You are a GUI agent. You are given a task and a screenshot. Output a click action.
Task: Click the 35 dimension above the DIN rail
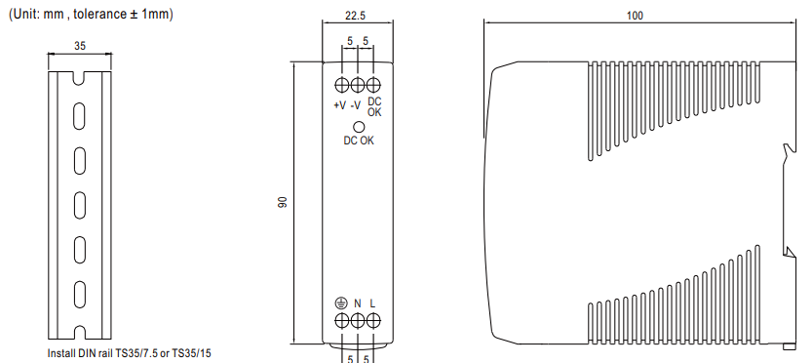pos(80,46)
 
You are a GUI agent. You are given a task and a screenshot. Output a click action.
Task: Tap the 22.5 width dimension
pos(355,16)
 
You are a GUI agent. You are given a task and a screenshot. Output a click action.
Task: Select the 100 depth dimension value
pos(635,16)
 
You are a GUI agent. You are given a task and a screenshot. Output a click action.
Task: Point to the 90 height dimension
pos(283,202)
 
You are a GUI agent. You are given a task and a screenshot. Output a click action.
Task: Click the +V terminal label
pos(339,105)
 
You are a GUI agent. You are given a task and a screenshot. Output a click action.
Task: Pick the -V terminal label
pos(355,105)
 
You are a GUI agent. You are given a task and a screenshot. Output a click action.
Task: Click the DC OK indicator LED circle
pos(358,127)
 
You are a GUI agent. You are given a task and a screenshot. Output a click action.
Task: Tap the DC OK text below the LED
pos(359,141)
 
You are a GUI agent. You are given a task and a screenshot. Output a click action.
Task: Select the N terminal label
pos(358,303)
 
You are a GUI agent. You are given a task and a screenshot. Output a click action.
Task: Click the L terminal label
pos(372,303)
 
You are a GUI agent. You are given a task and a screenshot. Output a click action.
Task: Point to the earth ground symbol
pos(341,303)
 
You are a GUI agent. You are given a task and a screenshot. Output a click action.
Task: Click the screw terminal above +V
pos(342,85)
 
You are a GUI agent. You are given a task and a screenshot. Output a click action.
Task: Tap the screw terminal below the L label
pos(373,321)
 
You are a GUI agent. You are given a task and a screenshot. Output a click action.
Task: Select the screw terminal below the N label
pos(358,321)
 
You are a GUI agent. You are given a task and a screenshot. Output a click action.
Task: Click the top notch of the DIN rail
pos(79,78)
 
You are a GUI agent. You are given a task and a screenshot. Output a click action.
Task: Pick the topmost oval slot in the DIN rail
pos(79,116)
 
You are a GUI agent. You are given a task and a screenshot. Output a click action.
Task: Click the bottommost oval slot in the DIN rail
pos(79,295)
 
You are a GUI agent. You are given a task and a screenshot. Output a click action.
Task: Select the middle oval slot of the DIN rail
pos(79,205)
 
